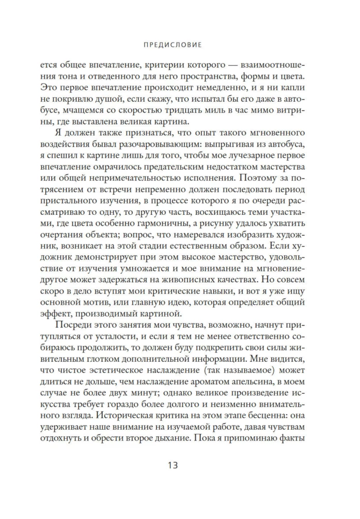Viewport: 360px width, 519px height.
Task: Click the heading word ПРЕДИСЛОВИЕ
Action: tap(179, 45)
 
